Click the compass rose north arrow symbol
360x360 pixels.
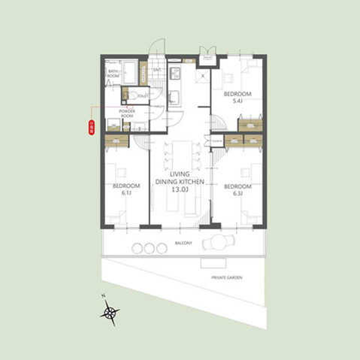tap(111, 312)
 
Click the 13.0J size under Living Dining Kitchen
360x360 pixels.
tap(180, 192)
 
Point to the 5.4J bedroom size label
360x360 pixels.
tap(237, 101)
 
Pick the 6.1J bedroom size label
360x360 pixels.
tap(126, 193)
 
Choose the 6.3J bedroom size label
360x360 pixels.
tap(237, 193)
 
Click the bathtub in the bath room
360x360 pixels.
tap(130, 74)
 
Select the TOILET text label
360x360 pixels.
tap(144, 96)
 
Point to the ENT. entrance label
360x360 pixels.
tap(158, 71)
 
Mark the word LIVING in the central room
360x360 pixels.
tap(180, 174)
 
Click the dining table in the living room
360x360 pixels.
tap(180, 154)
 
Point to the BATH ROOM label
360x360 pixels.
tap(113, 74)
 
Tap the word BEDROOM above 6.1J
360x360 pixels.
tap(126, 186)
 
